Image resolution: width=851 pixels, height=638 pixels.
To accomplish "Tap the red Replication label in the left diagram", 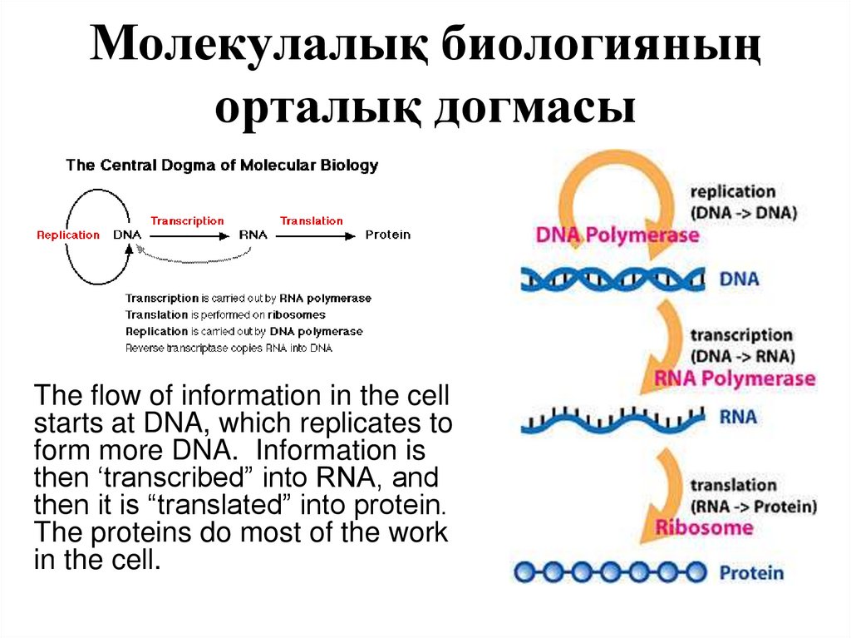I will [x=68, y=235].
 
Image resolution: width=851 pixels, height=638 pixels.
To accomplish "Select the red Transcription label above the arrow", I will [x=187, y=221].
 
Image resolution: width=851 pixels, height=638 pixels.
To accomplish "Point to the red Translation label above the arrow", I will [x=311, y=221].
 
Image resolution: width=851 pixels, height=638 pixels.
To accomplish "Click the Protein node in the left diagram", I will [x=387, y=235].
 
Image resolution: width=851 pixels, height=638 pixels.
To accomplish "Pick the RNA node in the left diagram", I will [x=253, y=235].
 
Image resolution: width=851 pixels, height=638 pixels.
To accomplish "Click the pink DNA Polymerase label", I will [x=617, y=235].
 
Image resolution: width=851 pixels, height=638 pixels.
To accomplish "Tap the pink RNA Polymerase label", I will [x=735, y=379].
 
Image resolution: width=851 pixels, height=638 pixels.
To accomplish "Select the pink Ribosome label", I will [x=704, y=527].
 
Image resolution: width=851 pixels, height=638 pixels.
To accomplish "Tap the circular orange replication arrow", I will [x=615, y=187].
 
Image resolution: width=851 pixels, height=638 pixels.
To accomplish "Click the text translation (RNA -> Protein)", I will [x=753, y=496].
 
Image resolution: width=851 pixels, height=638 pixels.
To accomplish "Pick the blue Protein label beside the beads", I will [x=750, y=573].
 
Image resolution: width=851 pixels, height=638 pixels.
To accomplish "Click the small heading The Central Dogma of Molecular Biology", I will [x=222, y=166].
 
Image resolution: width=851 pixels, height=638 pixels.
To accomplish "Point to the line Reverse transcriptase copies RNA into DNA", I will [x=229, y=348].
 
